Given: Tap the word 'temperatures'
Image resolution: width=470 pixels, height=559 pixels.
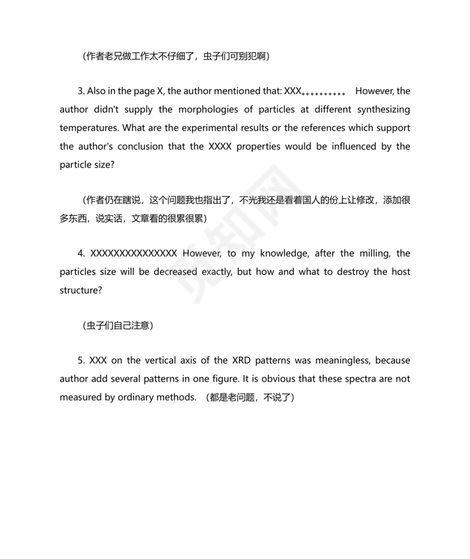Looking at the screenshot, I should [x=88, y=128].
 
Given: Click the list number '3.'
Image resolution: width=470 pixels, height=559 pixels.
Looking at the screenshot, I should [x=82, y=91].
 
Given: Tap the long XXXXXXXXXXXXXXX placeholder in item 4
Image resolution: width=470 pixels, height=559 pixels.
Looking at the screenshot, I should [x=134, y=253].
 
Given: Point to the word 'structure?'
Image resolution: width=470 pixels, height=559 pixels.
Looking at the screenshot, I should [x=81, y=290].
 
